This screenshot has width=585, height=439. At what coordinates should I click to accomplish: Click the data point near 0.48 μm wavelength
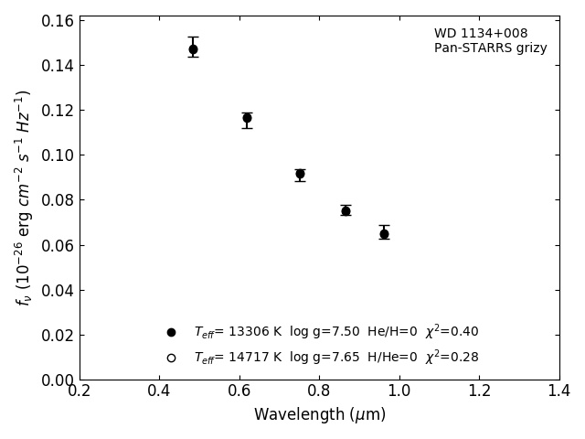pyautogui.click(x=193, y=49)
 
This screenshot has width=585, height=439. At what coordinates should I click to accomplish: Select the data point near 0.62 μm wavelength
pyautogui.click(x=247, y=118)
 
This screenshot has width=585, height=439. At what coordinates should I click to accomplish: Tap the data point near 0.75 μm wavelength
pyautogui.click(x=300, y=174)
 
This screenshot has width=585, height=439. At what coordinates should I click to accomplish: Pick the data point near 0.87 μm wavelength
pyautogui.click(x=346, y=210)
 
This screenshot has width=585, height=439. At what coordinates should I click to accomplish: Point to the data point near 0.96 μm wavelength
pyautogui.click(x=384, y=234)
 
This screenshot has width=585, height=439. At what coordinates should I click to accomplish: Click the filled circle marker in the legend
pyautogui.click(x=171, y=332)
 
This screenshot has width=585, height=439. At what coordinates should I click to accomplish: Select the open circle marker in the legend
pyautogui.click(x=171, y=358)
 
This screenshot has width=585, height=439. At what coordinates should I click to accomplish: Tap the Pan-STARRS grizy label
pyautogui.click(x=490, y=48)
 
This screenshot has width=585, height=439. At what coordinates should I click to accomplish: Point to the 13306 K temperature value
pyautogui.click(x=250, y=332)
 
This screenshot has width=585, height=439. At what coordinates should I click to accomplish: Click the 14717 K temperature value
pyautogui.click(x=250, y=358)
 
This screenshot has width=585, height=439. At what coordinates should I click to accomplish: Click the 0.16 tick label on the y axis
pyautogui.click(x=57, y=21)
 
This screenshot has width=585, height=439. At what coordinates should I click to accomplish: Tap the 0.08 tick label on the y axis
pyautogui.click(x=57, y=200)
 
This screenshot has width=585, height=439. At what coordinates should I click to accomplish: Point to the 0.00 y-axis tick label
pyautogui.click(x=57, y=380)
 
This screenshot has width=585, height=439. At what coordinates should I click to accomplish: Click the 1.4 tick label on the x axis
pyautogui.click(x=559, y=391)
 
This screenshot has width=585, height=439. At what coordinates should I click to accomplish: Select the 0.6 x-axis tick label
pyautogui.click(x=239, y=391)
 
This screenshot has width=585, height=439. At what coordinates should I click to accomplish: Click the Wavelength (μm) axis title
pyautogui.click(x=319, y=415)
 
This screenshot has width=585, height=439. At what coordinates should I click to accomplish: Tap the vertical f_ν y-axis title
pyautogui.click(x=24, y=197)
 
